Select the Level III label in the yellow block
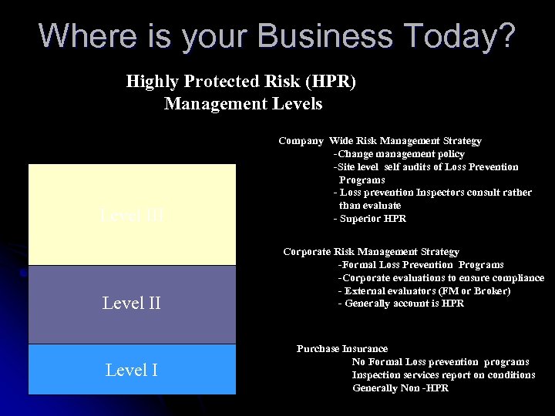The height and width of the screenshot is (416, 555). tap(132, 215)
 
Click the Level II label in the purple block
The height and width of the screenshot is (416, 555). tap(132, 304)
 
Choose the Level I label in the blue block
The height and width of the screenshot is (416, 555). tap(132, 371)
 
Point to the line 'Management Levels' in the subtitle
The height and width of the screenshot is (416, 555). tap(243, 103)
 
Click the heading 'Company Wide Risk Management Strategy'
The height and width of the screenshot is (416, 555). tap(380, 141)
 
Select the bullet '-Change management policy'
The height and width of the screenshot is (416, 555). tap(399, 154)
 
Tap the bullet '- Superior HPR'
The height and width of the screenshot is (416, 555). tap(370, 219)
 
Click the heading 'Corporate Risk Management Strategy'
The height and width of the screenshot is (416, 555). tap(371, 252)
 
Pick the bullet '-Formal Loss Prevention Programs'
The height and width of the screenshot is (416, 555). tap(421, 265)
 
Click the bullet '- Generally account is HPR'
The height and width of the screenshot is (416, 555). tap(401, 304)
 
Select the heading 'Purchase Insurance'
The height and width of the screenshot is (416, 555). tap(342, 349)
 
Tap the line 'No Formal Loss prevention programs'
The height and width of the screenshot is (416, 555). tap(440, 362)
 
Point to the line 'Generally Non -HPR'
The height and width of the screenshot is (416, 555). tap(400, 388)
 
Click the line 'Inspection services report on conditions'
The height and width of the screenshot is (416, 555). tap(443, 375)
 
